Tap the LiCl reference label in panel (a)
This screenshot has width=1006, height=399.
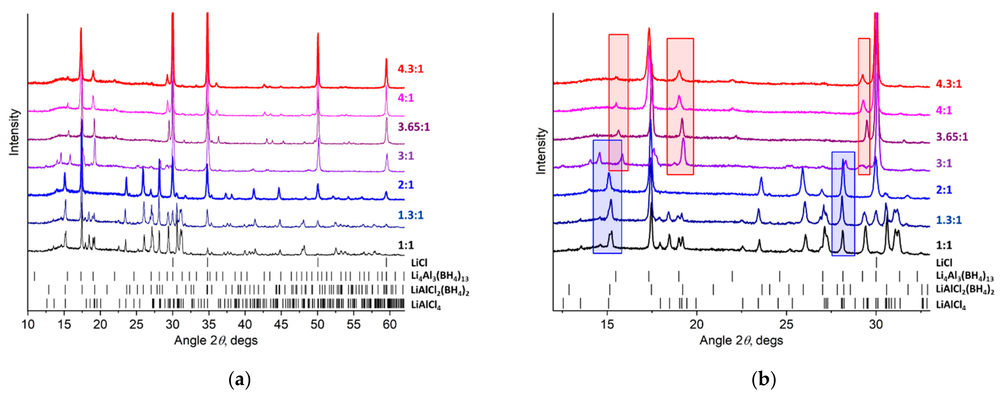(x=419, y=263)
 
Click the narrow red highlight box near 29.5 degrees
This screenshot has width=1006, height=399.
(x=864, y=106)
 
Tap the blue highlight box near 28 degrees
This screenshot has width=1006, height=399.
(x=843, y=204)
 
